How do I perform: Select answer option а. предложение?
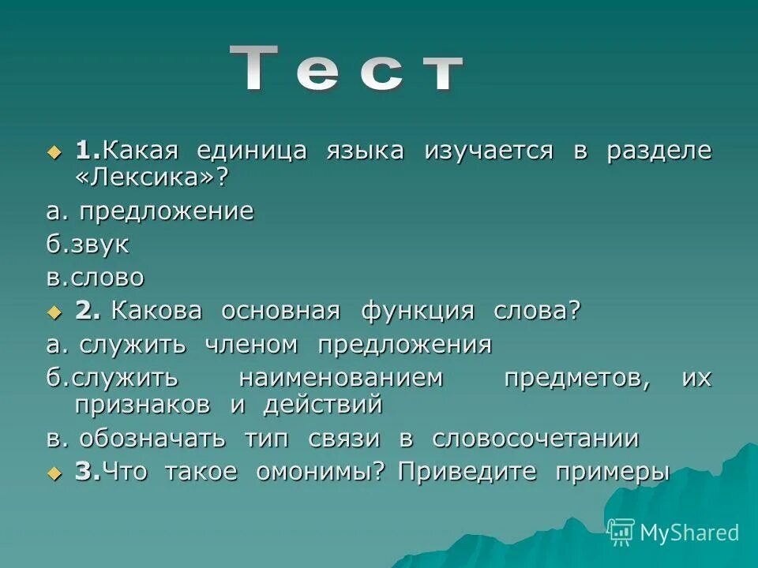[x=149, y=211]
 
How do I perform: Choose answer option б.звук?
[x=88, y=245]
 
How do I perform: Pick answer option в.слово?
[x=95, y=278]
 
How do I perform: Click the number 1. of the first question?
[x=88, y=150]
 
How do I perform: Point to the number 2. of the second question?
[x=88, y=311]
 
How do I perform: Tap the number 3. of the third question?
[x=88, y=472]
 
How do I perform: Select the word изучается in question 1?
[x=489, y=150]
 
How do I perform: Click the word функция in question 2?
[x=418, y=311]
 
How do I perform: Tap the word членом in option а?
[x=252, y=345]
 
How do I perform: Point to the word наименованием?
[x=341, y=378]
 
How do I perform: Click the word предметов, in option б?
[x=577, y=378]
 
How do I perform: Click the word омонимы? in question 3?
[x=320, y=472]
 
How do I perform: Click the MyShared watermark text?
[x=689, y=532]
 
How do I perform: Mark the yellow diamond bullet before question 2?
[x=54, y=312]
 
